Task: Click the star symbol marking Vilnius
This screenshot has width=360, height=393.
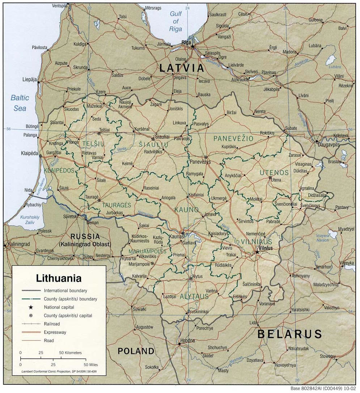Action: tap(257, 251)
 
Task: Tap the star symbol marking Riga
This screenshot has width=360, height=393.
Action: tap(193, 46)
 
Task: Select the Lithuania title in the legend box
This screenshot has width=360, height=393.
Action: tap(59, 279)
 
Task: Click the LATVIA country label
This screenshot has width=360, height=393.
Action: tap(182, 68)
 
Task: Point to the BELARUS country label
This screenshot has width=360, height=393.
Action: tap(289, 334)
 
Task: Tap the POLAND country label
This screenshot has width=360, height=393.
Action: tap(136, 351)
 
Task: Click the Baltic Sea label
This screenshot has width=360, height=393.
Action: tap(20, 103)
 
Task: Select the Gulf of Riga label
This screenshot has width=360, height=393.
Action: tap(176, 21)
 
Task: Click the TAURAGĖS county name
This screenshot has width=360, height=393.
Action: tap(116, 205)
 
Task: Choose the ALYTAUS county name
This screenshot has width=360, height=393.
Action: tap(194, 296)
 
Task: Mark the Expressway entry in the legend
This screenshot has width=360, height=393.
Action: tap(55, 332)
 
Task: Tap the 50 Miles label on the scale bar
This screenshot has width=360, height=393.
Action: tap(91, 365)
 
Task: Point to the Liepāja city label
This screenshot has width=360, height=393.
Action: tap(29, 79)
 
